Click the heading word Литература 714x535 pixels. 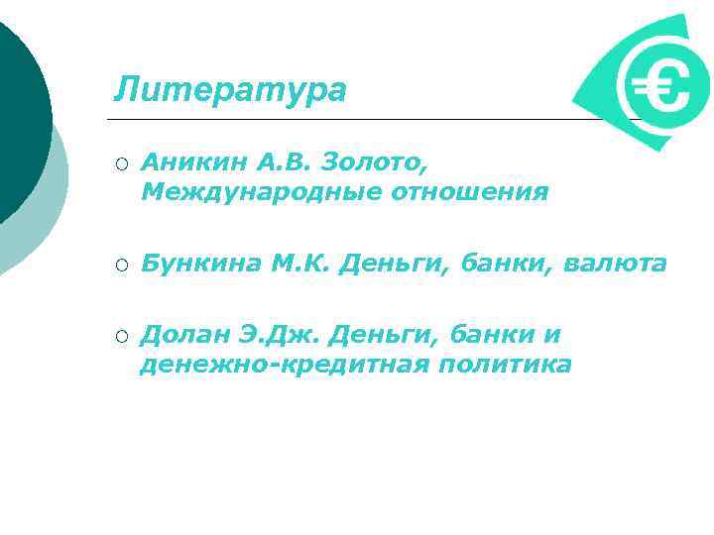point(230,89)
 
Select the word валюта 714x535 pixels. point(615,264)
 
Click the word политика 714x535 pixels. point(507,366)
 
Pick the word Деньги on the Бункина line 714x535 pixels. point(384,264)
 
